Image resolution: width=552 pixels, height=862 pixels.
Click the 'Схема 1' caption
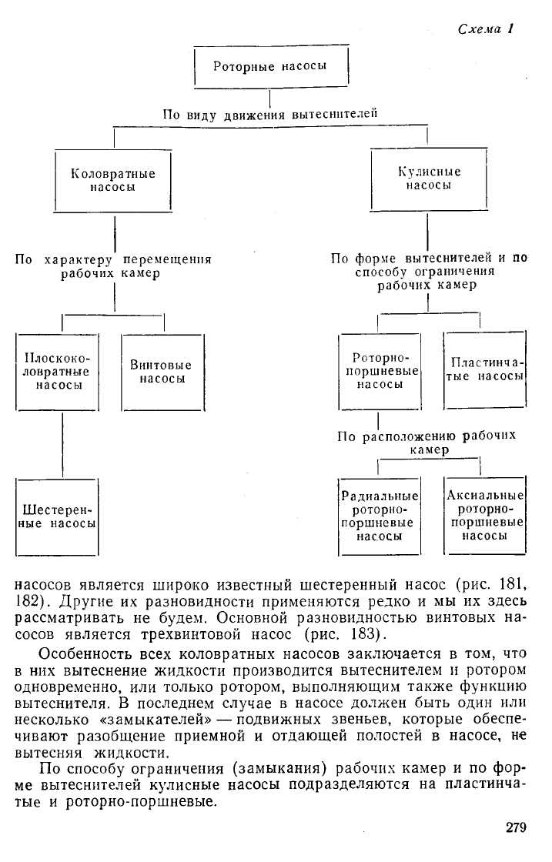pyautogui.click(x=486, y=29)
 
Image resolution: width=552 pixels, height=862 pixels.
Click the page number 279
pyautogui.click(x=516, y=827)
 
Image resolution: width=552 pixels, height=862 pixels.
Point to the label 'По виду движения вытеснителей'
pyautogui.click(x=270, y=115)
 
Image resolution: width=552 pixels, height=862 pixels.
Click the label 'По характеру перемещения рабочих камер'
pyautogui.click(x=113, y=266)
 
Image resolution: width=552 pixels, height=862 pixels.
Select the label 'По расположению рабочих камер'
pyautogui.click(x=427, y=443)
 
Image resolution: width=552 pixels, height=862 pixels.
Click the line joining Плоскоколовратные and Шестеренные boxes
pyautogui.click(x=62, y=445)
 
